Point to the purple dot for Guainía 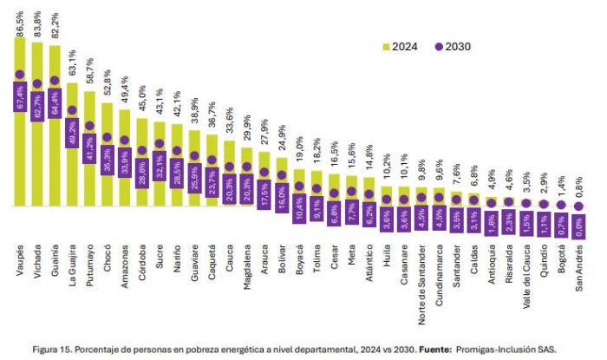(x=55, y=81)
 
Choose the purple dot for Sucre (x=160, y=144)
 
